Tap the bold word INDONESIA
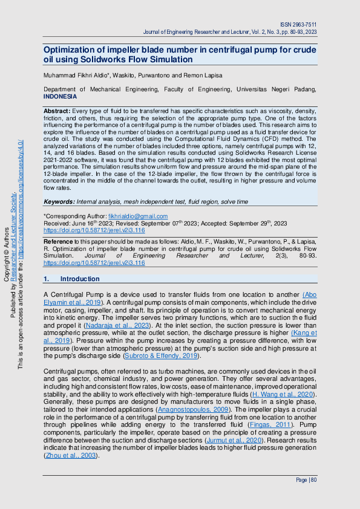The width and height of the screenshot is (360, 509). (x=61, y=97)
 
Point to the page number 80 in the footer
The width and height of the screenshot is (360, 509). (x=314, y=479)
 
